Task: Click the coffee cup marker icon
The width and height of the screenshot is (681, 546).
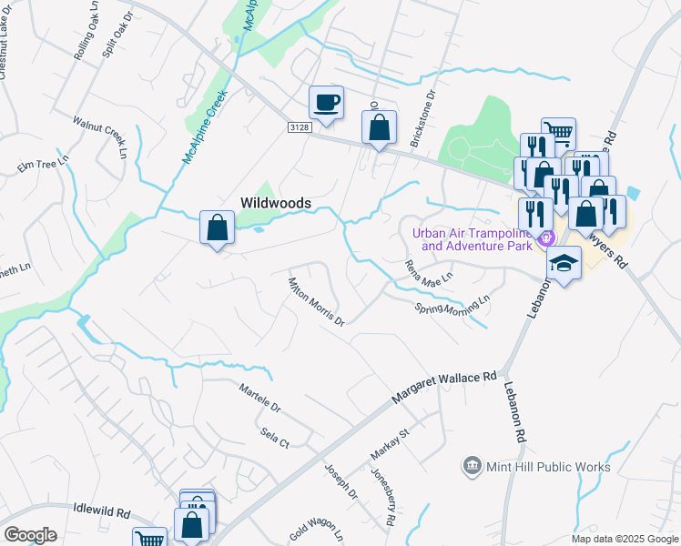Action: (326, 101)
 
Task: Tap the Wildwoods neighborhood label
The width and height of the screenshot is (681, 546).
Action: (276, 203)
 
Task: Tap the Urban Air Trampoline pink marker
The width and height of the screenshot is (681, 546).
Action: (546, 239)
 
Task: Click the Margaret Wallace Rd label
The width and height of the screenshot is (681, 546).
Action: (445, 388)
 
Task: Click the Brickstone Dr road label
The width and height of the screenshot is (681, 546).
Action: (427, 108)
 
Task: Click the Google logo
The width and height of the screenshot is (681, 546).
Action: (31, 534)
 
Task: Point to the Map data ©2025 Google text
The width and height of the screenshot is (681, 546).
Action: (624, 539)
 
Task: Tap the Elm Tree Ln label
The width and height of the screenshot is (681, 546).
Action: (44, 167)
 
